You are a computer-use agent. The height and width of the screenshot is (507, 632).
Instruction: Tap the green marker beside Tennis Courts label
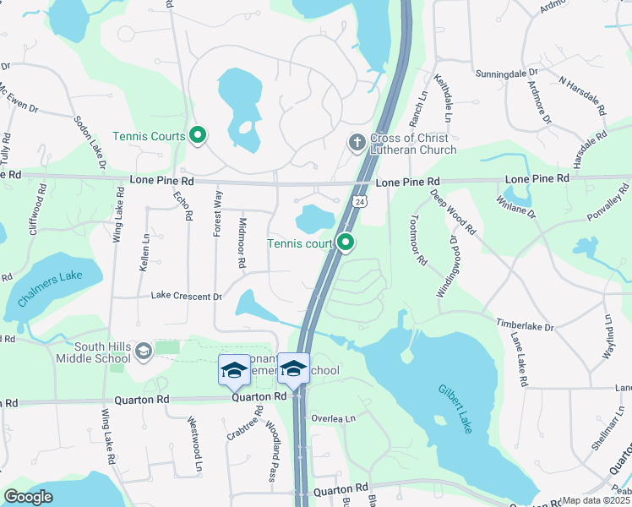coord(198,135)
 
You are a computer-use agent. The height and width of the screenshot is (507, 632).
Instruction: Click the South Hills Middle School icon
coord(144,351)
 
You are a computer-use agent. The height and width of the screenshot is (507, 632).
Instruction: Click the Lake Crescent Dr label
coord(186,297)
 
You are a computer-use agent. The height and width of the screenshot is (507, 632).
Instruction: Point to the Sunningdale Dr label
coord(506,74)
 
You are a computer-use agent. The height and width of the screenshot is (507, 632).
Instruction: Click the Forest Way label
coord(219,211)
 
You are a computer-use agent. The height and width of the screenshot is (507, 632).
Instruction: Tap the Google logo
coord(28,497)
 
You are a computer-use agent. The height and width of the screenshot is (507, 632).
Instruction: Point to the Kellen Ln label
coord(144,252)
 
